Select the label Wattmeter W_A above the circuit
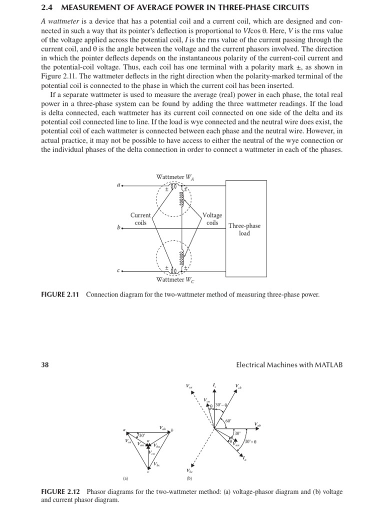[x=174, y=176]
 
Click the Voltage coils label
[x=212, y=219]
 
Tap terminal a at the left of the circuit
[x=119, y=185]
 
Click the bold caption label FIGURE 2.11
[x=60, y=294]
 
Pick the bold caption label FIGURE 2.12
[x=60, y=492]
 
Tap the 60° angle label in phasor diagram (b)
[x=228, y=421]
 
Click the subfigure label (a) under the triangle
[x=125, y=477]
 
